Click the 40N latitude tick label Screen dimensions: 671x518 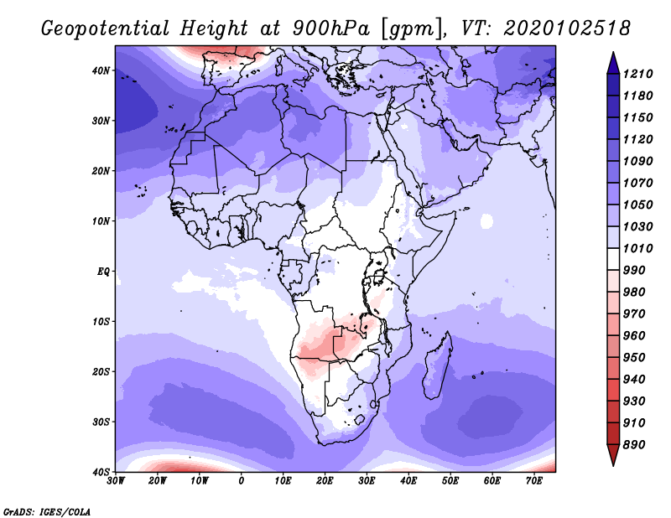click(x=101, y=70)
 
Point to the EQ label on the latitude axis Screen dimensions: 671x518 click(x=103, y=272)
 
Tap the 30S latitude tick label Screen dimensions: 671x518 click(x=101, y=422)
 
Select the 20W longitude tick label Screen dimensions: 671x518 click(x=157, y=481)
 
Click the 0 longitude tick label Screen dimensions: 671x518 click(x=242, y=481)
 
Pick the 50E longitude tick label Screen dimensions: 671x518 click(x=450, y=481)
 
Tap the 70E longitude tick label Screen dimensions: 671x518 click(x=534, y=481)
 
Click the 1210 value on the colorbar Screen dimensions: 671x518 click(x=637, y=74)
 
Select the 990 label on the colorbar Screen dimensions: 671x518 click(x=634, y=271)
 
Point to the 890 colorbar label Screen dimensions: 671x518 click(x=634, y=445)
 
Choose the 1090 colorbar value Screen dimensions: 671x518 click(x=637, y=161)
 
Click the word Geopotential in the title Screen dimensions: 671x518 click(x=106, y=28)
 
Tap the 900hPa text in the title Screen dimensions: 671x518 click(x=330, y=28)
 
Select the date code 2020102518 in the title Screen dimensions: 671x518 click(x=567, y=28)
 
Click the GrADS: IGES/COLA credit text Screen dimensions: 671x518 click(x=47, y=512)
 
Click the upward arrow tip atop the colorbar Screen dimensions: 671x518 click(x=613, y=53)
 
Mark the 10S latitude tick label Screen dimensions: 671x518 click(x=101, y=322)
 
